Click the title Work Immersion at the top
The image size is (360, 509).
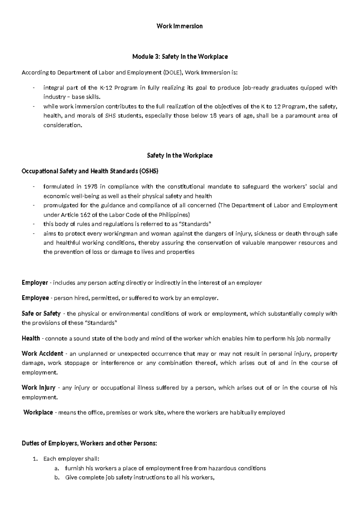[180, 26]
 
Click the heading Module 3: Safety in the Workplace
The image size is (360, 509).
[180, 56]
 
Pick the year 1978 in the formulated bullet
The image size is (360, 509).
[90, 187]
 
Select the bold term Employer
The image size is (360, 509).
[35, 283]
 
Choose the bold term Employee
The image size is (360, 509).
[35, 298]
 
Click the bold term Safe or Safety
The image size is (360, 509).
[41, 314]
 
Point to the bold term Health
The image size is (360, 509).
[31, 339]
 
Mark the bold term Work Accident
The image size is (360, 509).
[42, 354]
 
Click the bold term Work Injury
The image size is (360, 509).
[38, 388]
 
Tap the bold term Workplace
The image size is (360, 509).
[38, 412]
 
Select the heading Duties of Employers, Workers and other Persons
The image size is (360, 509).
[89, 443]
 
